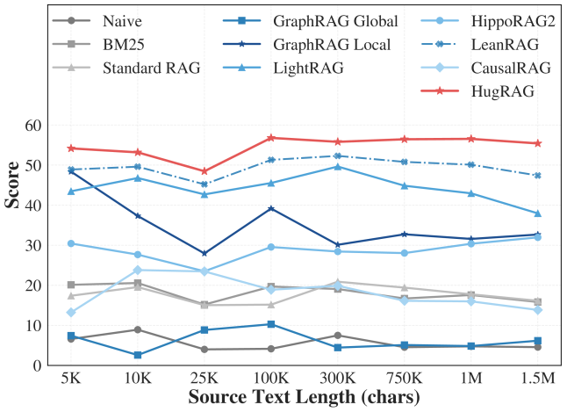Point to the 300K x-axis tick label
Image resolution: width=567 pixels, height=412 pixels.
pyautogui.click(x=338, y=379)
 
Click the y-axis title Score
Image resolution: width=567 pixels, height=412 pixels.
pyautogui.click(x=13, y=189)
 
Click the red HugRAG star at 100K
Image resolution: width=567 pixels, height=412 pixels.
pyautogui.click(x=271, y=138)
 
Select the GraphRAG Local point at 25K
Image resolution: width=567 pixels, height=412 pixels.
pyautogui.click(x=205, y=253)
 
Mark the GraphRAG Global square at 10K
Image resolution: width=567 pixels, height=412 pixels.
pyautogui.click(x=138, y=355)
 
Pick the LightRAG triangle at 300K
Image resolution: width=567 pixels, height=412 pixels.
pyautogui.click(x=338, y=166)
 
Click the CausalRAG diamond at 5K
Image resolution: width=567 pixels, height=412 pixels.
pyautogui.click(x=71, y=313)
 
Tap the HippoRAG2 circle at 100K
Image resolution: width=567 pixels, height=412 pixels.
pyautogui.click(x=271, y=247)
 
